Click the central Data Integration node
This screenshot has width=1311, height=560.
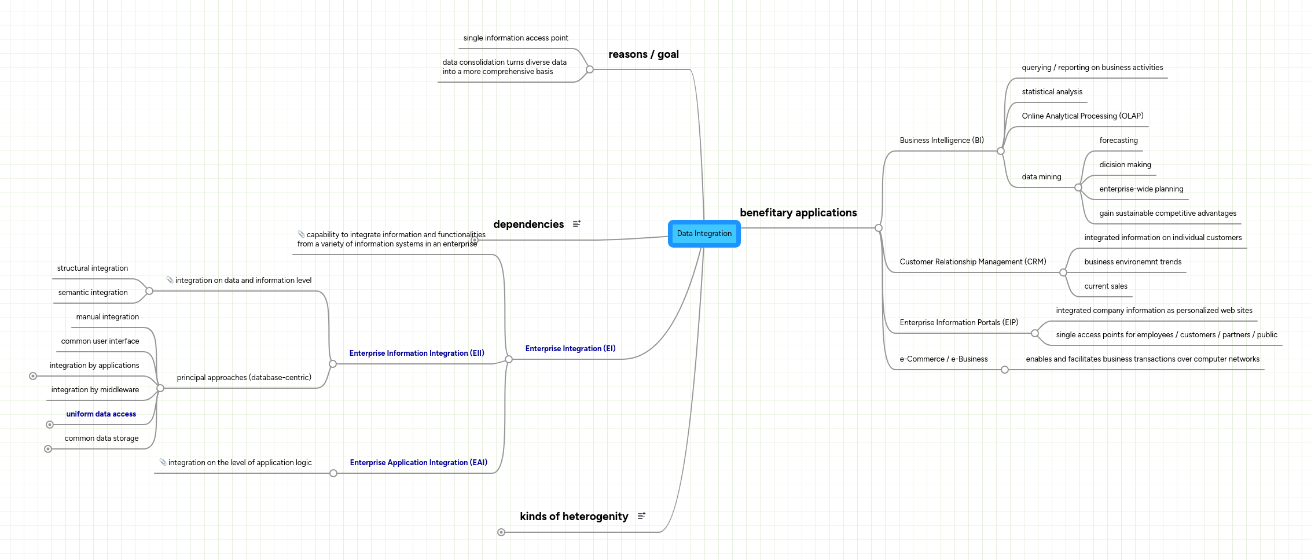(704, 234)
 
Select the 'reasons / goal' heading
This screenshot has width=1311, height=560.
(643, 54)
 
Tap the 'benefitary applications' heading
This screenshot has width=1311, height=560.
(798, 213)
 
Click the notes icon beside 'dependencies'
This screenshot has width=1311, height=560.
(576, 224)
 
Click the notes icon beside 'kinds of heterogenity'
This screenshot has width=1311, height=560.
(641, 516)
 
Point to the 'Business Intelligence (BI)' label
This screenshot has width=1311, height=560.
(941, 141)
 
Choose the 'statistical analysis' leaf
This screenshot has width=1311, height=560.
(1051, 92)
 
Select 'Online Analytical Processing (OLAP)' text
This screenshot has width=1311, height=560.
(1082, 116)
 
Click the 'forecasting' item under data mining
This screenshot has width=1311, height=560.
(1118, 141)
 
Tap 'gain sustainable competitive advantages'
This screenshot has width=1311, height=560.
(1167, 213)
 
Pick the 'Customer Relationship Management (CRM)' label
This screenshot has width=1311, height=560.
(972, 262)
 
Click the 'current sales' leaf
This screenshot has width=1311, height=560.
(1105, 286)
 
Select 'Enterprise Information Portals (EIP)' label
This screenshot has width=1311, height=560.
(959, 323)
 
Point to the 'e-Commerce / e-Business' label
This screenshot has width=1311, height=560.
(943, 359)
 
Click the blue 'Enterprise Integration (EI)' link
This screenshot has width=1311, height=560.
(570, 349)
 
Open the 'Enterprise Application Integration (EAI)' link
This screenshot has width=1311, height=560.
(418, 463)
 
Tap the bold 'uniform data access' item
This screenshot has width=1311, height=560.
(101, 414)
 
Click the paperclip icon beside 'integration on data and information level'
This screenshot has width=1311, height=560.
(170, 280)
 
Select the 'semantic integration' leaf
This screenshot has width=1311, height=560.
(93, 293)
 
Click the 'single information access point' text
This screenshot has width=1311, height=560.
(515, 38)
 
